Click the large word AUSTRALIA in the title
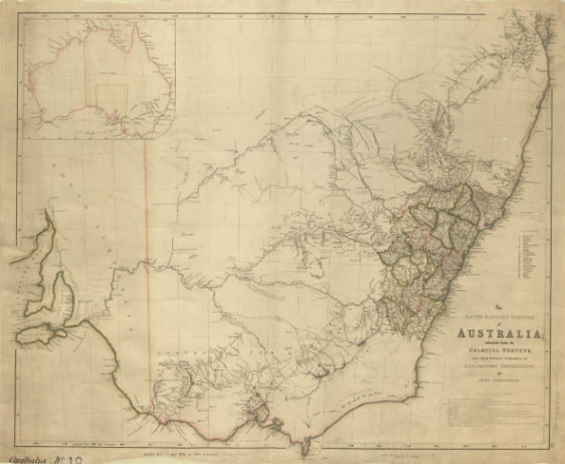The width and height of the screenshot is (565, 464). click(x=497, y=336)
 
